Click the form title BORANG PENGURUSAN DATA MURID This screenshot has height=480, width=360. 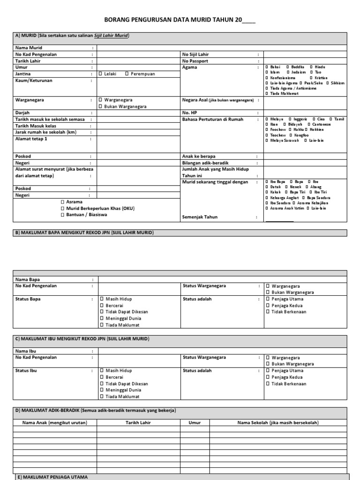[179, 21]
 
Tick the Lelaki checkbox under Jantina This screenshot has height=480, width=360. [101, 74]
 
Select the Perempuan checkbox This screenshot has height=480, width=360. [127, 74]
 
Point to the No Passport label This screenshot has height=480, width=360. [195, 61]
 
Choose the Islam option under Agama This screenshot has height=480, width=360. [267, 72]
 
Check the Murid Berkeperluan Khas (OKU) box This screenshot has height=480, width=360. [62, 208]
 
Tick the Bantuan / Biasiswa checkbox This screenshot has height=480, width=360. [62, 215]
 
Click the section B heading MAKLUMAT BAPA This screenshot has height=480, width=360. [84, 232]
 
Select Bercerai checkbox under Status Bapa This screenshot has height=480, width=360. [102, 305]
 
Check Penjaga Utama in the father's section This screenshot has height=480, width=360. [268, 299]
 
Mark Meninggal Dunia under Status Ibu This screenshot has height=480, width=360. [102, 390]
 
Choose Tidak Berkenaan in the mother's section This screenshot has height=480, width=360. [268, 383]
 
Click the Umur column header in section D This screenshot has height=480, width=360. [195, 422]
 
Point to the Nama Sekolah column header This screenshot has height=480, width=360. [278, 422]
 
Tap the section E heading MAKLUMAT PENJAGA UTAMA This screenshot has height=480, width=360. [52, 477]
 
